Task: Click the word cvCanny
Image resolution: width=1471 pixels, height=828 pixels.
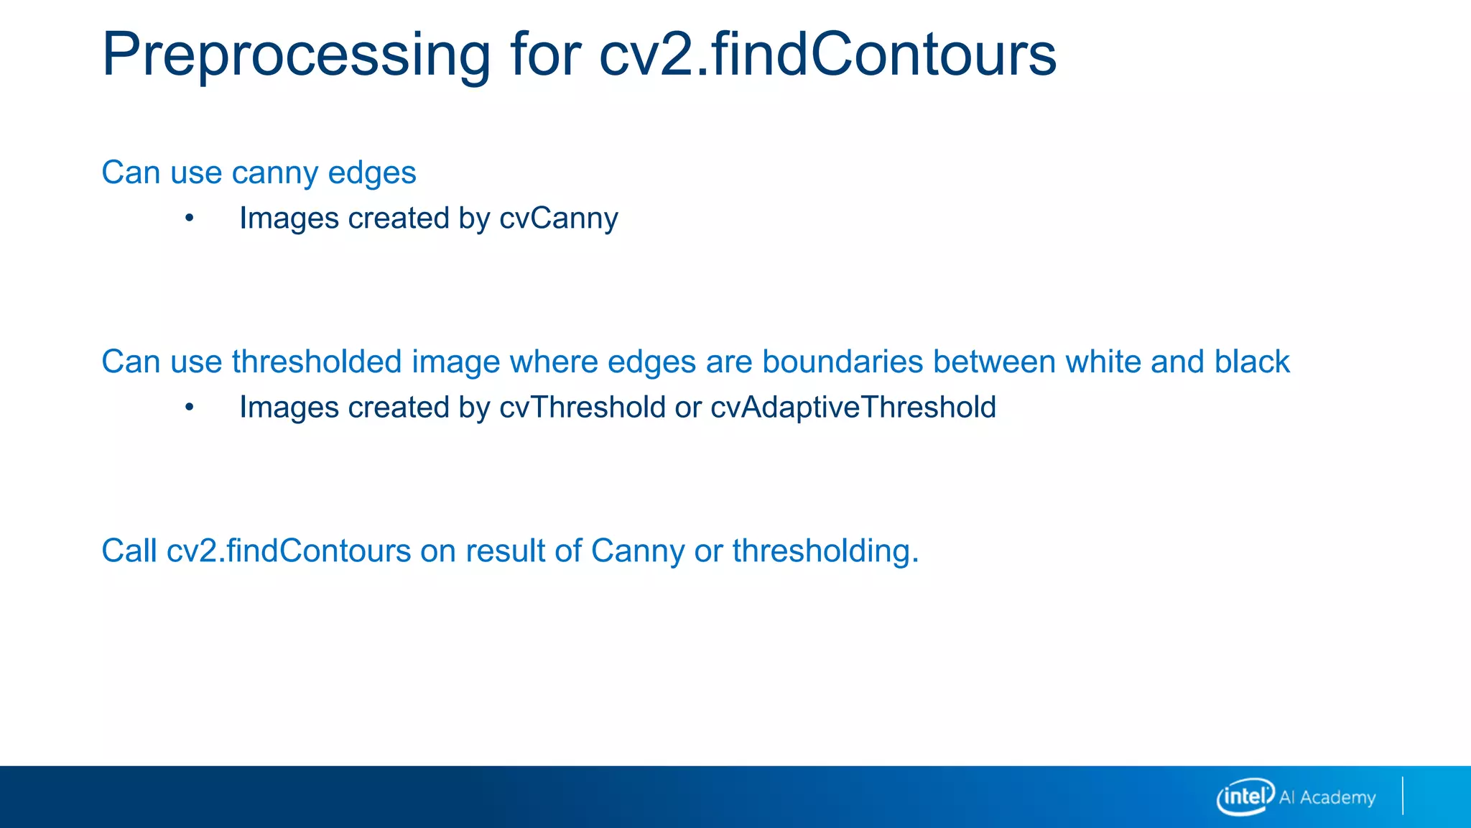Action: [558, 218]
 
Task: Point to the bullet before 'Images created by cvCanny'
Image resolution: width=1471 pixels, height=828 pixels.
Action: [189, 218]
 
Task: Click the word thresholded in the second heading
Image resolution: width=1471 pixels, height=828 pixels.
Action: [316, 362]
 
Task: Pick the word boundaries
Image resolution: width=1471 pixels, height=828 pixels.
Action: [842, 362]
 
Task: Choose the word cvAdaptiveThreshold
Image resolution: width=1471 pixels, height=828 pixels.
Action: [853, 408]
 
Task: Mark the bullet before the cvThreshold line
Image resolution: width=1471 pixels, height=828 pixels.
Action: [189, 408]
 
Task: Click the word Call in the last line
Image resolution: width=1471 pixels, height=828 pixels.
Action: [129, 551]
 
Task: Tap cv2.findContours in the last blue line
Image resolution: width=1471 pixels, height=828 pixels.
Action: [289, 551]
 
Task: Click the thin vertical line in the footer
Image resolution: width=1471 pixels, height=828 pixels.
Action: [1402, 796]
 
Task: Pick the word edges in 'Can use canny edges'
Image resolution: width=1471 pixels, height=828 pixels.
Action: [372, 173]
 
